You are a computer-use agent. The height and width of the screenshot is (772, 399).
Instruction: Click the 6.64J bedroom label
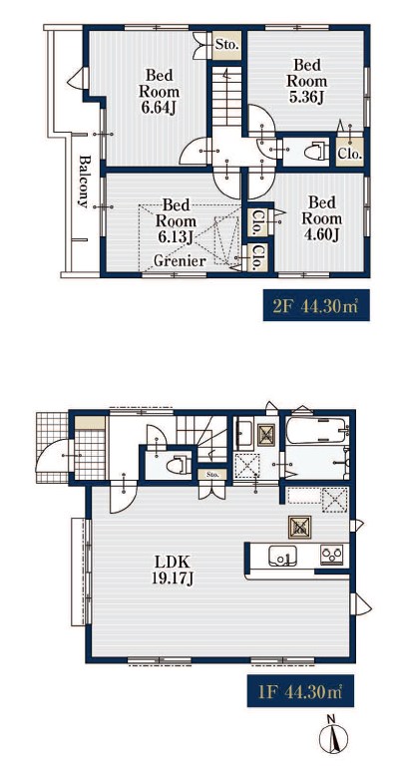(159, 92)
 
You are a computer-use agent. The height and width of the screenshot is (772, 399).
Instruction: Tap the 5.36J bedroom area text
(307, 81)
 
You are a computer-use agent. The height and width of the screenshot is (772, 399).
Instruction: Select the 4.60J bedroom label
(321, 218)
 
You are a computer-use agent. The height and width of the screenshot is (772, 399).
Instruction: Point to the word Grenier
(180, 261)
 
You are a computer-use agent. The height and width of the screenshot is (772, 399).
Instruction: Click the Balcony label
(85, 182)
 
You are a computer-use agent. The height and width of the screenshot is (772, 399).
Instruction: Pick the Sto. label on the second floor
(227, 45)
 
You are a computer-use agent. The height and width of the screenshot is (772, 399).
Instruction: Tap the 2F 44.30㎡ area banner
(316, 306)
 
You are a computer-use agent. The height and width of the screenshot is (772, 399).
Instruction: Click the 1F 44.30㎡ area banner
(300, 691)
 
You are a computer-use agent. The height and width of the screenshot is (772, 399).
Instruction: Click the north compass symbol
(333, 736)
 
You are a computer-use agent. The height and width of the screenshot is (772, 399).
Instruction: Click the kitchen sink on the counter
(282, 557)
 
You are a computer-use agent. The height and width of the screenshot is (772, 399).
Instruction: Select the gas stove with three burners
(331, 555)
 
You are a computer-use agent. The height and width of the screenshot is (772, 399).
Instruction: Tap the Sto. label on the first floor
(211, 475)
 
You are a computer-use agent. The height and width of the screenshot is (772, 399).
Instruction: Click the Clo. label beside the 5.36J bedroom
(350, 154)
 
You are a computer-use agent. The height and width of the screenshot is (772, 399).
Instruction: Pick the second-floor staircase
(226, 96)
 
